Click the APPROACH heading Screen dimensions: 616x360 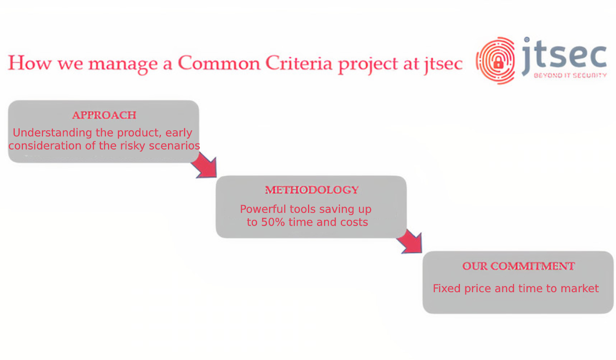point(104,115)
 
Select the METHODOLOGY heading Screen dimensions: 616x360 point(312,190)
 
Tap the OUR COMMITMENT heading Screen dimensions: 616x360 point(518,266)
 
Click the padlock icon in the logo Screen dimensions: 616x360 point(498,62)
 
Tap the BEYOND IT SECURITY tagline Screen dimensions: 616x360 point(570,76)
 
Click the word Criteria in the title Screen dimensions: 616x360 point(299,63)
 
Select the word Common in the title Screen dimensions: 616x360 point(219,63)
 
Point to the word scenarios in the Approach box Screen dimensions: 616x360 point(175,145)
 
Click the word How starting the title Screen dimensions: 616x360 point(30,63)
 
